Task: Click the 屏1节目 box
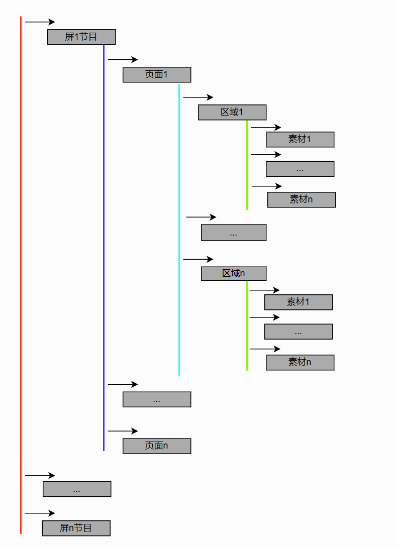[81, 37]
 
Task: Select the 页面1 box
[157, 75]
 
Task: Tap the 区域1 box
[232, 112]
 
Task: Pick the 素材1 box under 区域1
[300, 140]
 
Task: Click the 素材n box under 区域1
[302, 200]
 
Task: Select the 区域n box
[234, 274]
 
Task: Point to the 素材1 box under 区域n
[298, 302]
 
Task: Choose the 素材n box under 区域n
[300, 363]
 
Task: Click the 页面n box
[157, 446]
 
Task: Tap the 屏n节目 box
[76, 528]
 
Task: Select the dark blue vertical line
[104, 251]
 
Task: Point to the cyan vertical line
[179, 231]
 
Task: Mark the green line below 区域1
[247, 166]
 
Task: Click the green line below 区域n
[247, 326]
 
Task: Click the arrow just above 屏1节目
[40, 22]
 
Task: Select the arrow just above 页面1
[123, 60]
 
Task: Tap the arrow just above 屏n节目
[40, 513]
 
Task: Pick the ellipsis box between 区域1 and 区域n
[234, 233]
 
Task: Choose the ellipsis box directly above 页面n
[157, 399]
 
